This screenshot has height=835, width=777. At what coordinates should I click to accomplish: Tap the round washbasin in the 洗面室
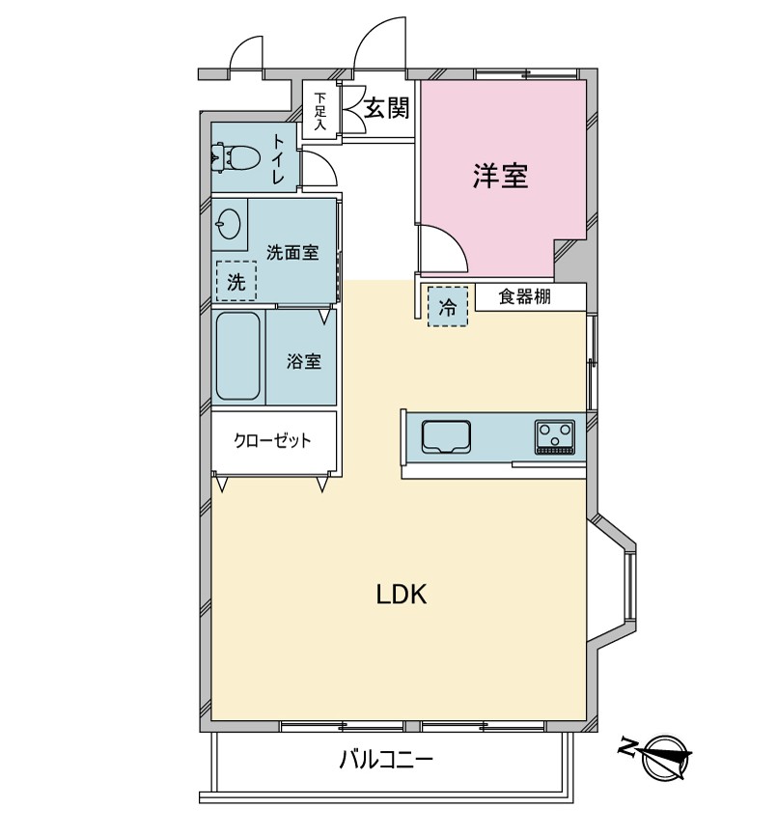tap(229, 224)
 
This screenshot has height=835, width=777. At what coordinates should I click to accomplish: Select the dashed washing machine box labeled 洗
tap(236, 281)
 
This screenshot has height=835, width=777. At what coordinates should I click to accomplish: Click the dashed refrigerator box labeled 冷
tap(447, 306)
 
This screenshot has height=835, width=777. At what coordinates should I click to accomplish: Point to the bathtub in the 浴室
tap(238, 356)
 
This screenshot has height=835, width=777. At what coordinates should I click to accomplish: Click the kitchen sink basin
tap(446, 436)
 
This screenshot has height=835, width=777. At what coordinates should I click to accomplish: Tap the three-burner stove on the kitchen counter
tap(555, 437)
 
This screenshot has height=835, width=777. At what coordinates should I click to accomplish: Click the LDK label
tap(402, 595)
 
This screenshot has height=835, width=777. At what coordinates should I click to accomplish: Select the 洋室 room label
tap(501, 176)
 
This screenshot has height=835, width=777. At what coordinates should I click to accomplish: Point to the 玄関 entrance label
tap(387, 109)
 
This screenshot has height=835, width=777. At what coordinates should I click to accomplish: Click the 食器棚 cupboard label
tap(524, 296)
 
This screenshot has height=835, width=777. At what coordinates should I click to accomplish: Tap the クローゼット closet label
tap(272, 440)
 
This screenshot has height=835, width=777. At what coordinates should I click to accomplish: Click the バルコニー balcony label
tap(387, 760)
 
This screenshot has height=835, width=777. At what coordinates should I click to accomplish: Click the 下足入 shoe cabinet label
tap(319, 111)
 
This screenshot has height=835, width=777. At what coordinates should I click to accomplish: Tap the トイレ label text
tap(277, 159)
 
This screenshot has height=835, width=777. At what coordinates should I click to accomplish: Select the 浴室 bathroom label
tap(303, 362)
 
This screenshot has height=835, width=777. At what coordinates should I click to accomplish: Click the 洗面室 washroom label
tap(292, 252)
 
